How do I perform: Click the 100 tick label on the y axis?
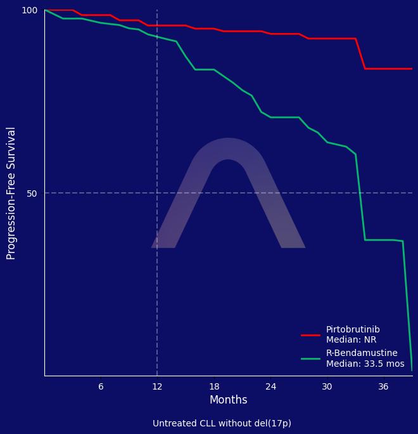coord(30,10)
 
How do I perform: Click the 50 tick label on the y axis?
coord(32,193)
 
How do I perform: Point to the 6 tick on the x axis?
coord(101,386)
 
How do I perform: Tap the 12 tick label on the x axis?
coord(157,386)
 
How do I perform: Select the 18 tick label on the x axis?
coord(214,386)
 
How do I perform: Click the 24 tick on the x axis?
coord(270,386)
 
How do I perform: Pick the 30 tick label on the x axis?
coord(327,386)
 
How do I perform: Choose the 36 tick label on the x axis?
coord(383,386)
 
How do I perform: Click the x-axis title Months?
coord(228,400)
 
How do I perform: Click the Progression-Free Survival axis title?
coord(11,193)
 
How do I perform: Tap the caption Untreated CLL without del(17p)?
coord(222,423)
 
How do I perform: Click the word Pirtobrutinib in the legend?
coord(353,330)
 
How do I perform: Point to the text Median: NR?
coord(351,340)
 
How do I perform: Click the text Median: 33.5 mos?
coord(365,364)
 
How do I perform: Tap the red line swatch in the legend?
coord(310,335)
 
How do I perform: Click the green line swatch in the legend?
coord(310,358)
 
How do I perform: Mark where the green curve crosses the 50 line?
coord(360,193)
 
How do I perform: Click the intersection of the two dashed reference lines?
coord(157,193)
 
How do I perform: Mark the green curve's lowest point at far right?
coord(412,370)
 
